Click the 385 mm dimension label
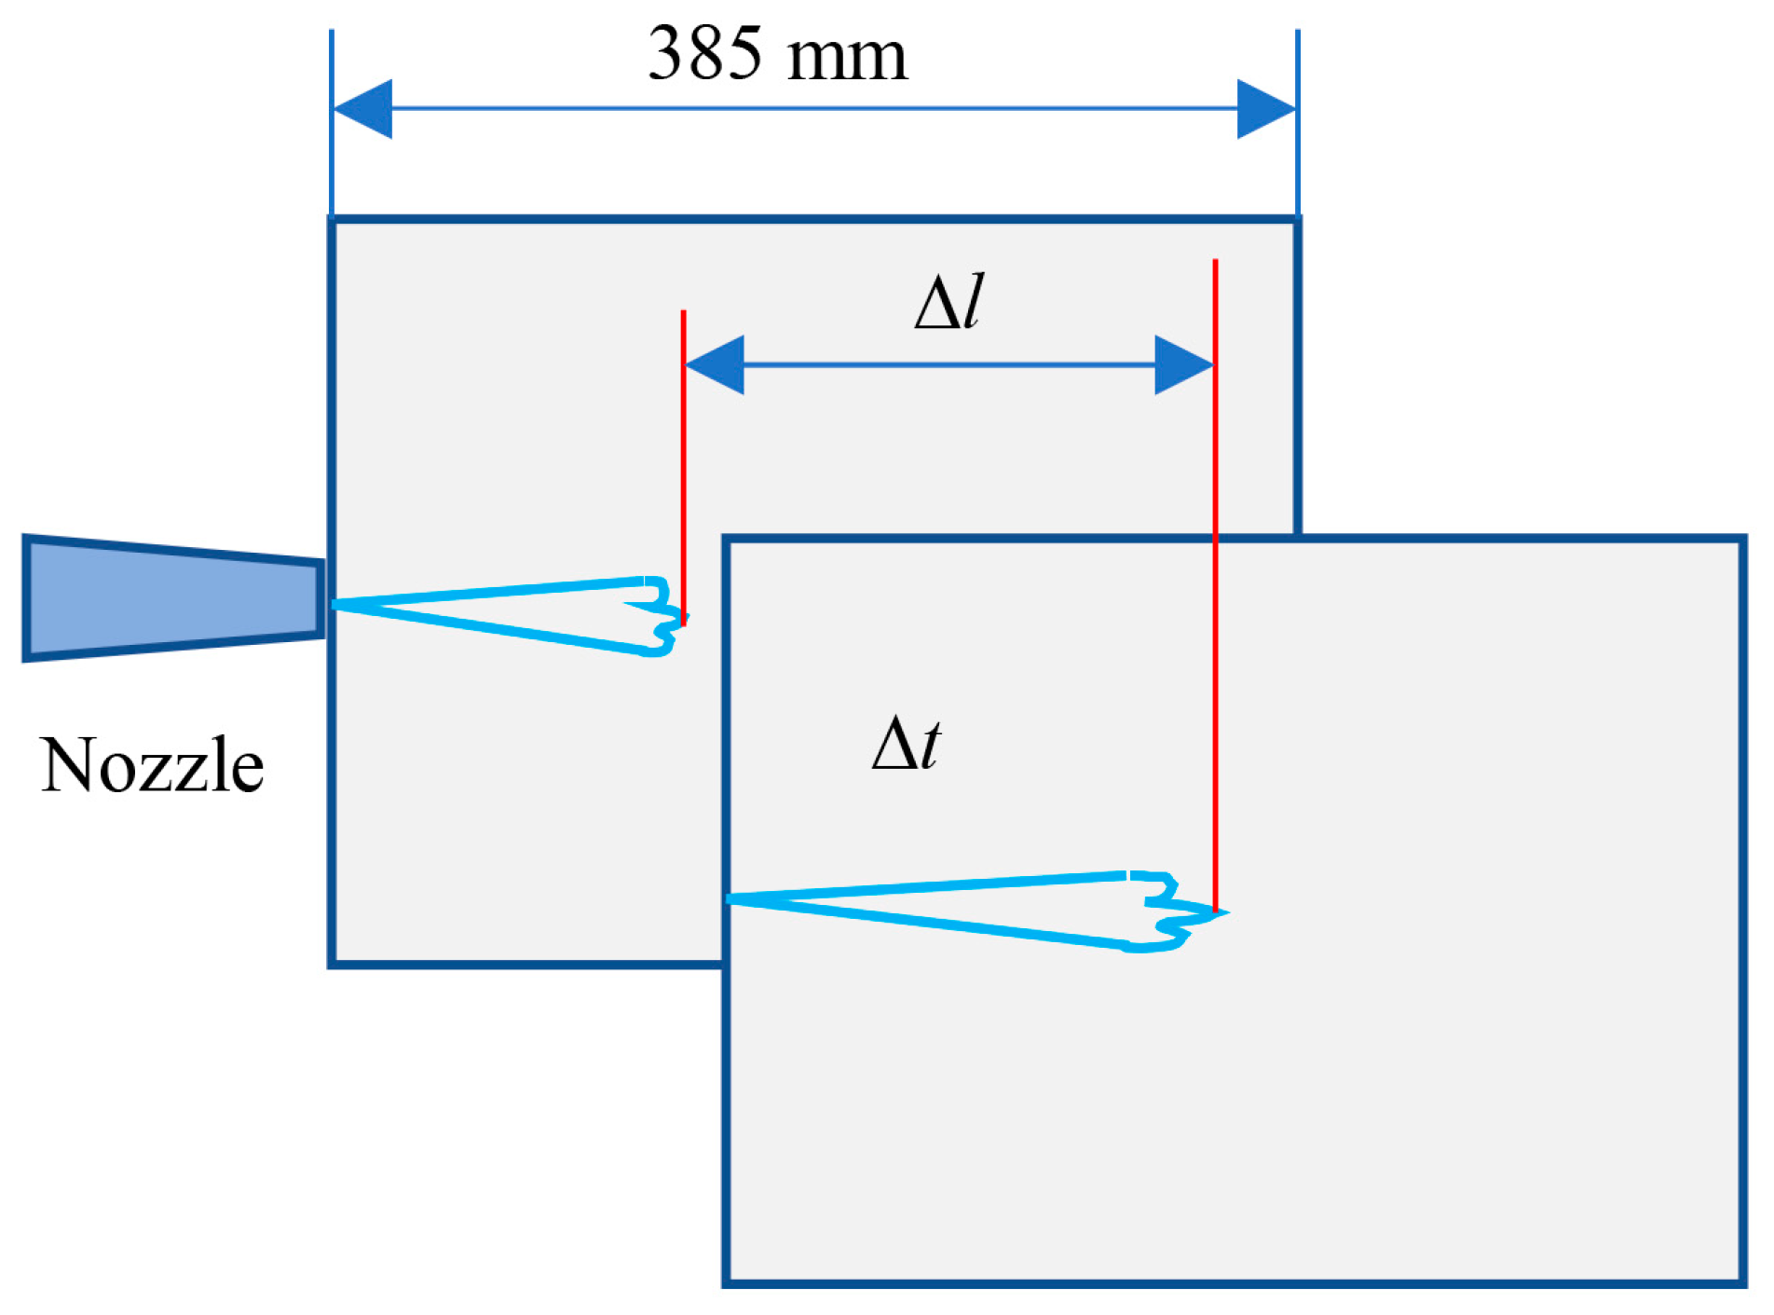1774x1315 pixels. pyautogui.click(x=776, y=54)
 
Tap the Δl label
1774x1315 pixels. pyautogui.click(x=948, y=302)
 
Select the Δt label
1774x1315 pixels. pyautogui.click(x=906, y=744)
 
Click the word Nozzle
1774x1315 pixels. pyautogui.click(x=152, y=766)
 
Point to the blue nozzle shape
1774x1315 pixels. pyautogui.click(x=172, y=598)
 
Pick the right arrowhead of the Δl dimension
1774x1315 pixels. pyautogui.click(x=1183, y=364)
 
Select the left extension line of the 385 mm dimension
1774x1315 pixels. pyautogui.click(x=332, y=121)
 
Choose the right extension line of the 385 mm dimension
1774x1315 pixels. pyautogui.click(x=1297, y=121)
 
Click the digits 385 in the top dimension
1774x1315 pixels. pyautogui.click(x=704, y=54)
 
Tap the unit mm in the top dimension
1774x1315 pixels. pyautogui.click(x=846, y=58)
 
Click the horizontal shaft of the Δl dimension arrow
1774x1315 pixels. pyautogui.click(x=948, y=364)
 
